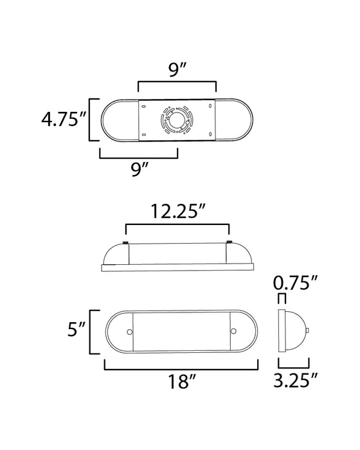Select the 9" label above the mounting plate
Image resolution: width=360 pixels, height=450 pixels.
coord(177,70)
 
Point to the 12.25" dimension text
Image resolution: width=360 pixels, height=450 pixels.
coord(177,212)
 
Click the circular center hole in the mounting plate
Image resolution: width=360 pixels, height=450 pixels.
coord(176,120)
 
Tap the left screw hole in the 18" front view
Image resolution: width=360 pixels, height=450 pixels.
coord(130,332)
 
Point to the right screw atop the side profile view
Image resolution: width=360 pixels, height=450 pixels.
coord(230,243)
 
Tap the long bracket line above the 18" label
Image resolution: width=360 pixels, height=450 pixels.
coord(181,368)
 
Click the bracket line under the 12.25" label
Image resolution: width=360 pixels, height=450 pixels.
coord(177,226)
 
